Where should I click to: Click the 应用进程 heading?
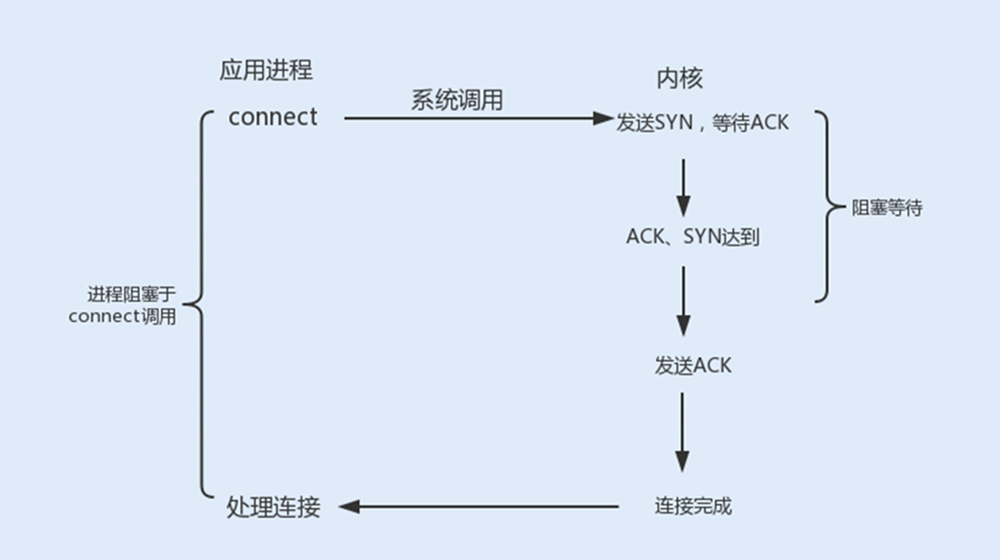coord(266,70)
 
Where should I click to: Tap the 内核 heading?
coord(680,78)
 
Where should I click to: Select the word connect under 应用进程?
coord(272,117)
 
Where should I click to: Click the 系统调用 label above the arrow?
coord(457,100)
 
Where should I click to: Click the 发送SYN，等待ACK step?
coord(703,122)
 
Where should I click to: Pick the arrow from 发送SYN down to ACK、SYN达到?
coord(683,187)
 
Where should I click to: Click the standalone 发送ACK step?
coord(692,366)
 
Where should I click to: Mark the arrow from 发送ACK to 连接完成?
coord(683,431)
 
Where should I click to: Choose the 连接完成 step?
coord(693,506)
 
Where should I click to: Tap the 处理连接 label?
coord(274,507)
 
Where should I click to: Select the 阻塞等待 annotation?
coord(886,209)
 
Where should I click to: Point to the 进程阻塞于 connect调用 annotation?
coord(122,305)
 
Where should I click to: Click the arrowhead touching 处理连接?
coord(347,506)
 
